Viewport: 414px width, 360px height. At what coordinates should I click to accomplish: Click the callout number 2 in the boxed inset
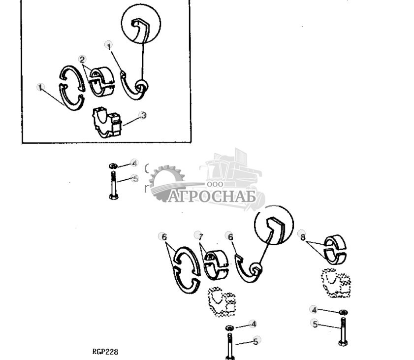pyautogui.click(x=83, y=59)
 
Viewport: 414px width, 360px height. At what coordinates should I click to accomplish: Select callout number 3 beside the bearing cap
pyautogui.click(x=143, y=115)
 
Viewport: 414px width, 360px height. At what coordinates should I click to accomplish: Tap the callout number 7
pyautogui.click(x=198, y=236)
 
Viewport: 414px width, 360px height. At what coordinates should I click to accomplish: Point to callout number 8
pyautogui.click(x=303, y=236)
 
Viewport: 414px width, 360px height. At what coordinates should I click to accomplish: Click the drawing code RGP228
pyautogui.click(x=105, y=352)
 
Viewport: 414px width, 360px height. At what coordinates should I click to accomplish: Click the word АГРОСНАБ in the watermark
pyautogui.click(x=212, y=196)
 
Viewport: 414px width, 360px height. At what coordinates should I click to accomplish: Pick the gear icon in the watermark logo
pyautogui.click(x=166, y=182)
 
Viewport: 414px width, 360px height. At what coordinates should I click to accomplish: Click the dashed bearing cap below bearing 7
pyautogui.click(x=221, y=301)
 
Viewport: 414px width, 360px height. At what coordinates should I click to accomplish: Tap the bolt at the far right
pyautogui.click(x=343, y=332)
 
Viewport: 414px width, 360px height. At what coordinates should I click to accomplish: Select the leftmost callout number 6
pyautogui.click(x=163, y=236)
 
